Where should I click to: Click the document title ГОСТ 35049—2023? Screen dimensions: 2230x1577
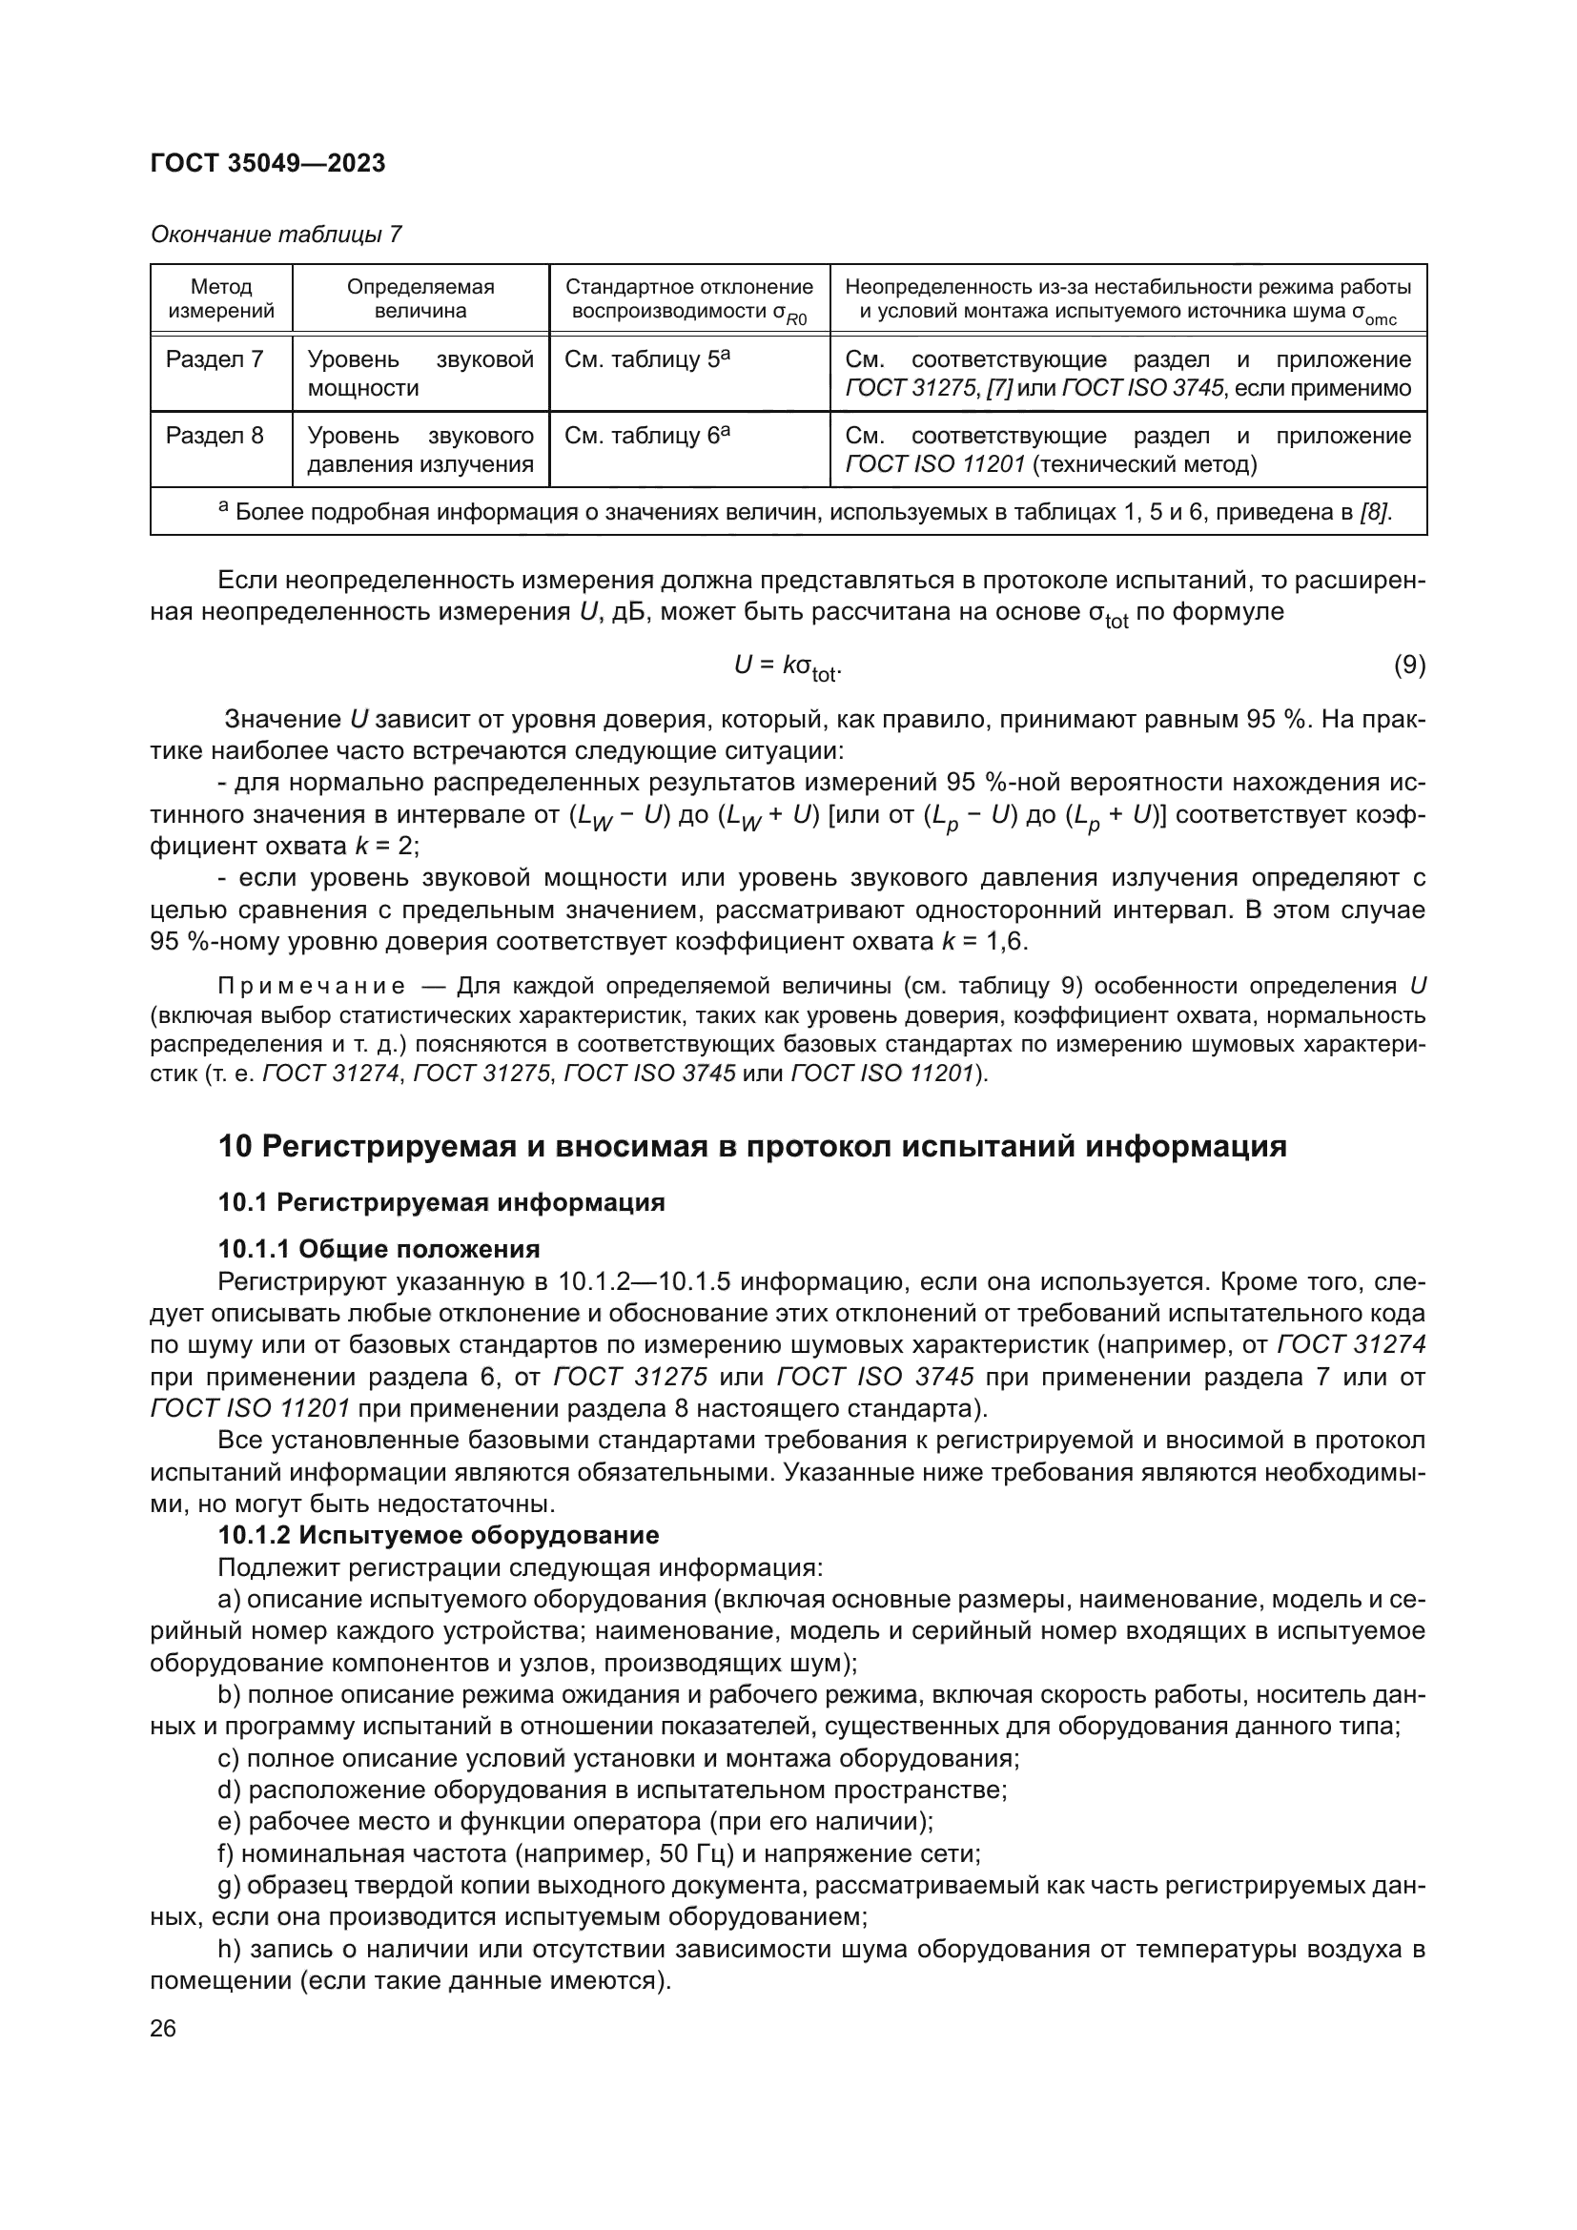point(268,163)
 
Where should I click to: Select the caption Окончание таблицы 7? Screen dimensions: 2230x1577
point(276,235)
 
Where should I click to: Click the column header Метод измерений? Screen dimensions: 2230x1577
point(221,298)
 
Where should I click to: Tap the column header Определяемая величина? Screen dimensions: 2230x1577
point(420,298)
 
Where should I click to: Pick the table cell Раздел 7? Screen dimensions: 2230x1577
point(215,359)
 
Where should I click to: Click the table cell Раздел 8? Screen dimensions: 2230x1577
point(215,435)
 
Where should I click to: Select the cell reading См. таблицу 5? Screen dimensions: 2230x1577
point(646,359)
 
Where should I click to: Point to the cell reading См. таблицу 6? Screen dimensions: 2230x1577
point(646,435)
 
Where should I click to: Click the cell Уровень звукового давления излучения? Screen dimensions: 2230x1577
point(420,450)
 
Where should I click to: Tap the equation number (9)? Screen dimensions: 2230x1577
point(1409,665)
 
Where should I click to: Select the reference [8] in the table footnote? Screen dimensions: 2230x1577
point(1375,512)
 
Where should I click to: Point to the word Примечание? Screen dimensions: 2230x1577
point(311,987)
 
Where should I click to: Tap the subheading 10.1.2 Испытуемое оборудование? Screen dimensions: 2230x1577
point(438,1535)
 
